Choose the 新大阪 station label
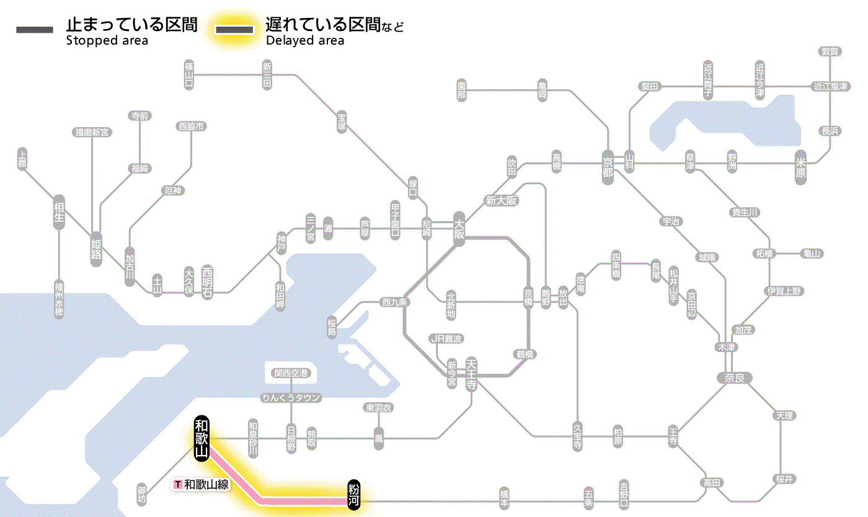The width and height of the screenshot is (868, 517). (501, 200)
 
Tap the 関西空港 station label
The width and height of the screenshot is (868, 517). (291, 373)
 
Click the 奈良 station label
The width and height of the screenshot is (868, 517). (733, 377)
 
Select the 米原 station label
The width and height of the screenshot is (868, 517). (801, 167)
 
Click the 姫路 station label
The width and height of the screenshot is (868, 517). (96, 249)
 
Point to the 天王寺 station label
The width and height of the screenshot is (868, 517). (471, 374)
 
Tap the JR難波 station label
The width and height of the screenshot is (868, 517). (446, 338)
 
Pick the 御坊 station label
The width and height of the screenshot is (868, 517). (142, 492)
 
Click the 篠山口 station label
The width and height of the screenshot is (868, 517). (189, 74)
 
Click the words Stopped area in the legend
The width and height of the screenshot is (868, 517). (107, 41)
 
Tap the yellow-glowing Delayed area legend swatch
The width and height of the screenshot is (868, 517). (234, 29)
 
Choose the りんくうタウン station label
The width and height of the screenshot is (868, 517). (291, 398)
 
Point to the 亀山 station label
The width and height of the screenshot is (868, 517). (812, 254)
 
